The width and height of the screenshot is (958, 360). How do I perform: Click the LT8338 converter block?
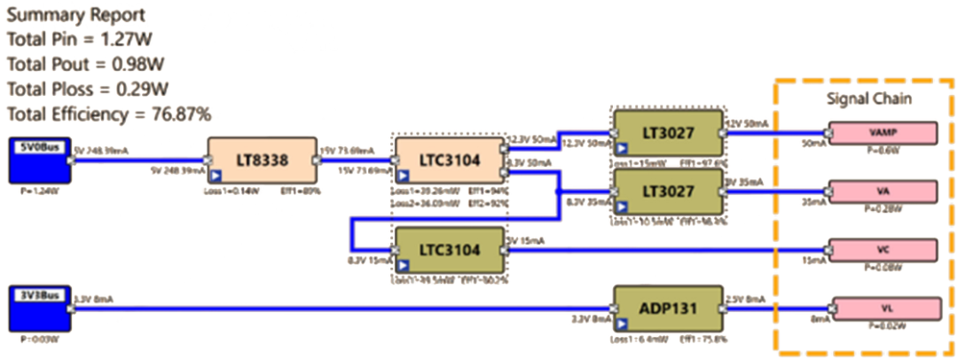(x=263, y=160)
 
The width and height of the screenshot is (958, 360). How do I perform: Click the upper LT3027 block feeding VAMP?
(x=668, y=132)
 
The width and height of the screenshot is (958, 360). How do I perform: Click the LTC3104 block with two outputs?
(x=450, y=160)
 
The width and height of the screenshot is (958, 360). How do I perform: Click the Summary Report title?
(x=76, y=16)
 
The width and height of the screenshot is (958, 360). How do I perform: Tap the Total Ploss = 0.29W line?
(x=88, y=89)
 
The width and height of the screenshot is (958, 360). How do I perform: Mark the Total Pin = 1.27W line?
(x=81, y=40)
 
